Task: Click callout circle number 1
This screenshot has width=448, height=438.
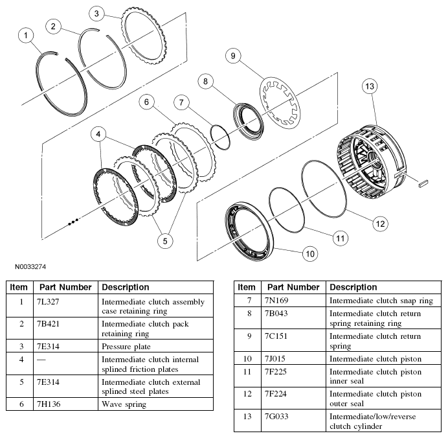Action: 26,36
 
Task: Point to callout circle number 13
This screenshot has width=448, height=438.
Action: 370,87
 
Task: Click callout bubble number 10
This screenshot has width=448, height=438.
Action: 310,253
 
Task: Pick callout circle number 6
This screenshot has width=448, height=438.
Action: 147,102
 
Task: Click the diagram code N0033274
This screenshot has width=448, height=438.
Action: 27,266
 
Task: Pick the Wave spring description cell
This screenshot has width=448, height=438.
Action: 124,404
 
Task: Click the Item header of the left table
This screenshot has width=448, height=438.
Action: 19,287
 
